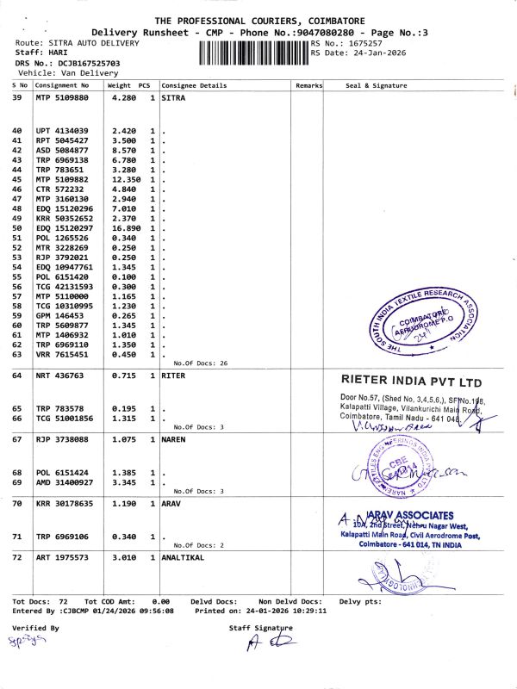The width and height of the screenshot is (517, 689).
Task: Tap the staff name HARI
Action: [60, 53]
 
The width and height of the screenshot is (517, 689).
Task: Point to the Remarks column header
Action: [308, 86]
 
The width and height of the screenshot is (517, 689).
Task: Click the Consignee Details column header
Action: [194, 86]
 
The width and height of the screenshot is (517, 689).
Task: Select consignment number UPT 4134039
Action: [62, 130]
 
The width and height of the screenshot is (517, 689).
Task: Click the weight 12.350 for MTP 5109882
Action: [128, 179]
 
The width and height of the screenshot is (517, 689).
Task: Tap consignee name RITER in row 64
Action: [175, 376]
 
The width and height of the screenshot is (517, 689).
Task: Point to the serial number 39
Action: [17, 98]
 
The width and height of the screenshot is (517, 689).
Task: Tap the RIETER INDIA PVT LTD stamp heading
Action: [411, 382]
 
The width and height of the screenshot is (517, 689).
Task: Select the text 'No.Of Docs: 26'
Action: [200, 363]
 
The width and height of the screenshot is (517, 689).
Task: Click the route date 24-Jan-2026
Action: [372, 53]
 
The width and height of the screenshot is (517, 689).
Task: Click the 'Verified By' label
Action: [35, 628]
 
